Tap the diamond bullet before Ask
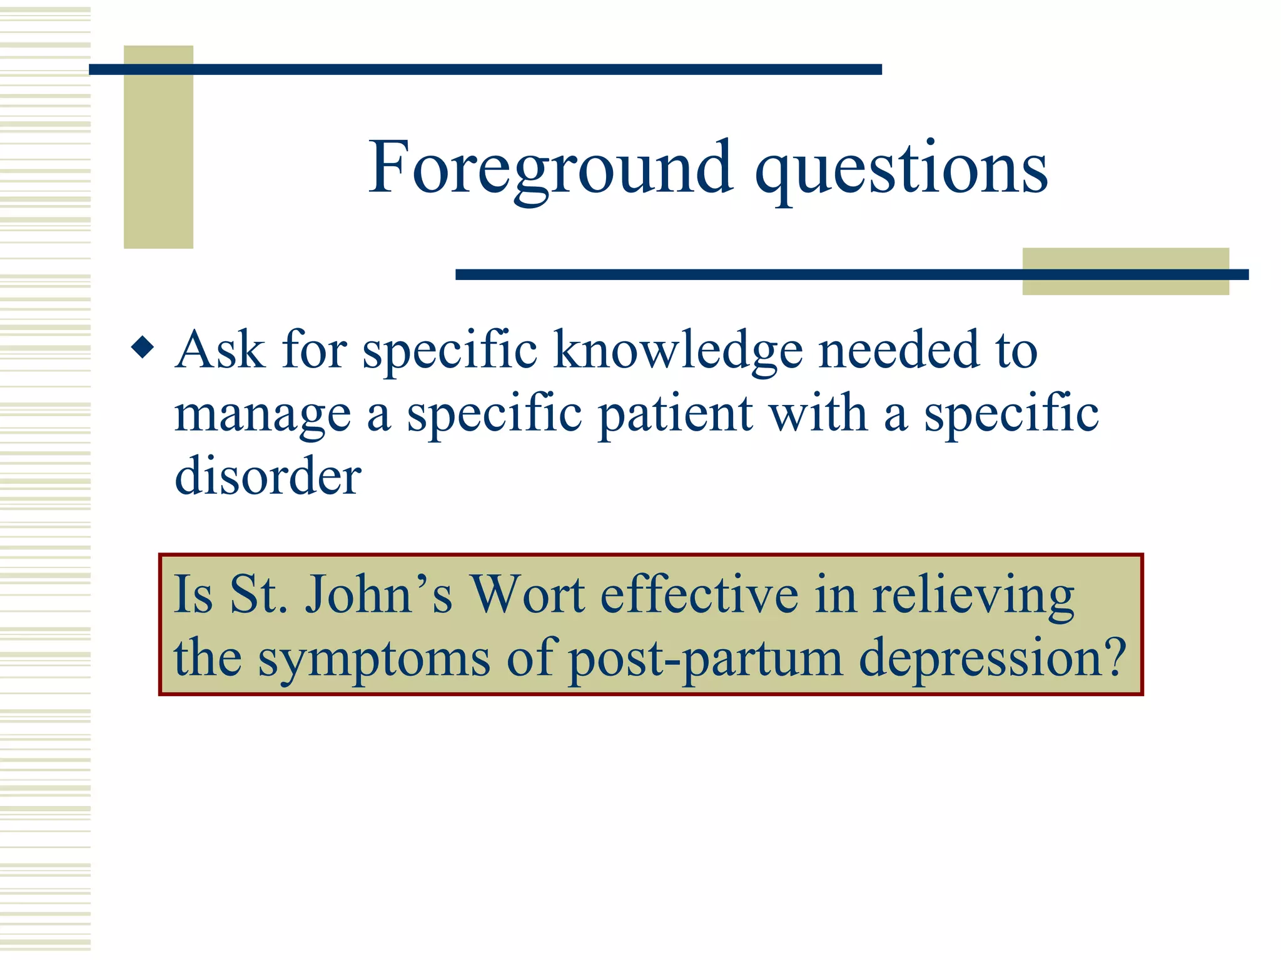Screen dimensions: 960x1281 pyautogui.click(x=143, y=347)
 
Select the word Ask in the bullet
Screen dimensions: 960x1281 pyautogui.click(x=220, y=350)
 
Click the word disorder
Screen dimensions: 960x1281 pyautogui.click(x=268, y=476)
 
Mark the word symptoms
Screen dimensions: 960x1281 pyautogui.click(x=374, y=660)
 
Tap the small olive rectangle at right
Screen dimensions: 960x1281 pyautogui.click(x=1125, y=271)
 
